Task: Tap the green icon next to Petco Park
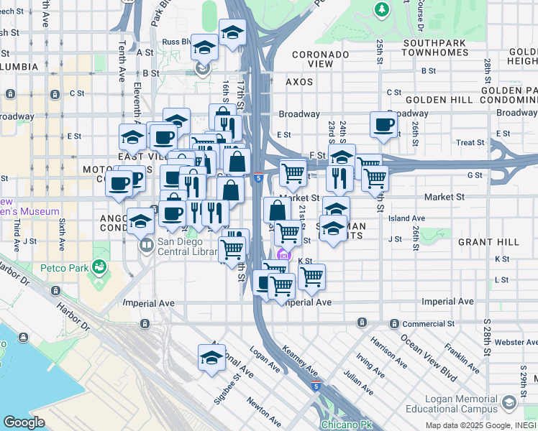point(100,268)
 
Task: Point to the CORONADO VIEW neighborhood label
point(311,58)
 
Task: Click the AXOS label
point(299,82)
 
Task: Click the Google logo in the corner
point(24,422)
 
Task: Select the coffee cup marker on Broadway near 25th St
point(383,124)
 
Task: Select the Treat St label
point(470,143)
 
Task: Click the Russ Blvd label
point(175,42)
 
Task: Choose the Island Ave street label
point(406,218)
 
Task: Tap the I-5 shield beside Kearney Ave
point(315,386)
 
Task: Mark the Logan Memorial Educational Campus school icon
point(511,402)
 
